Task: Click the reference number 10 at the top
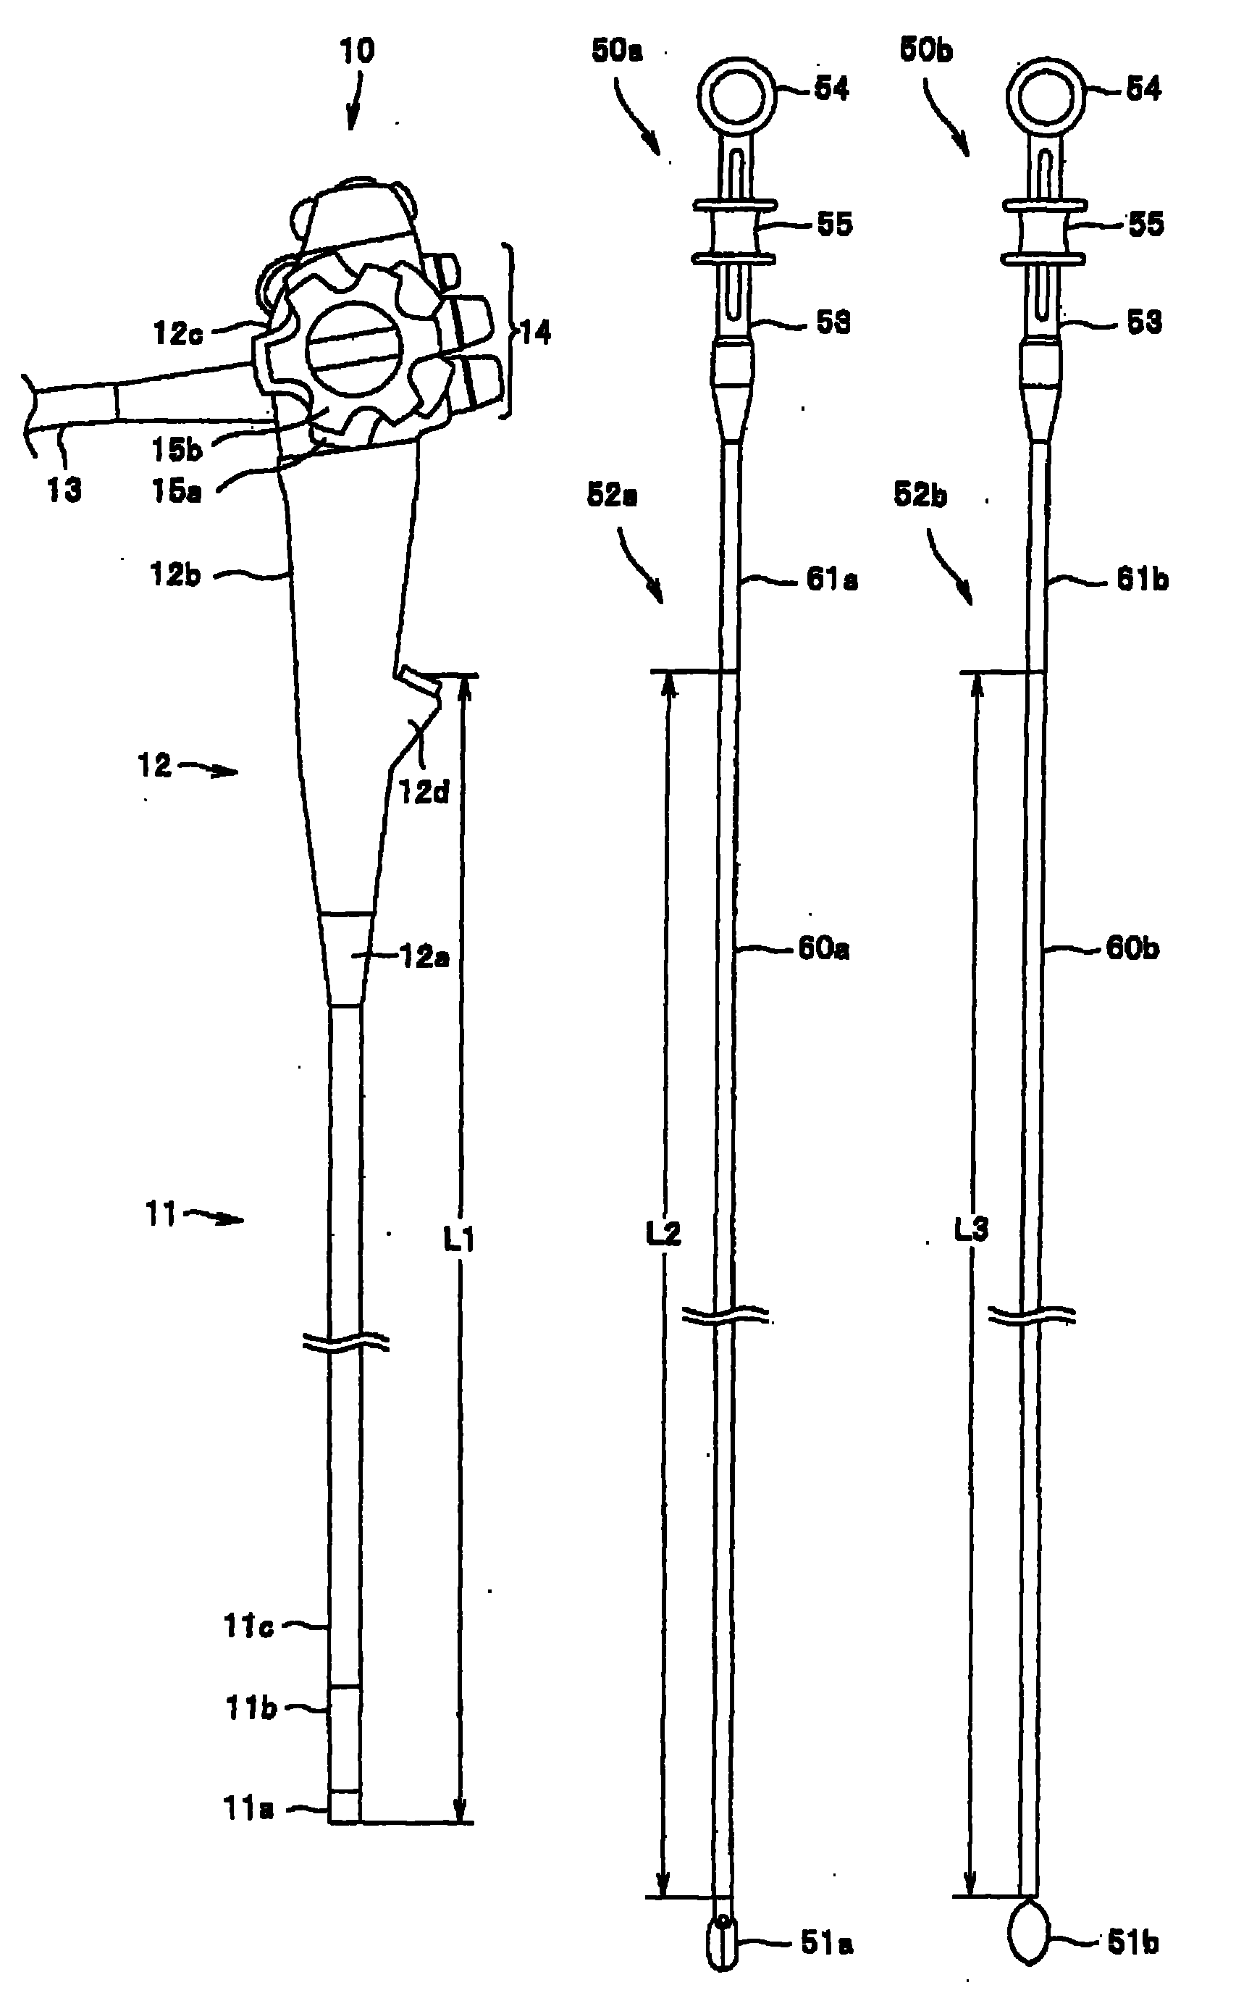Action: pos(357,51)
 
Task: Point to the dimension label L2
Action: pos(663,1233)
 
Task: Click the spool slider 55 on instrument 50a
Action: pos(735,231)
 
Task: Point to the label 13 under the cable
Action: pos(64,490)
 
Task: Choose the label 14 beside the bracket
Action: pos(537,333)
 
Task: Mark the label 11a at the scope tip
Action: pos(247,1808)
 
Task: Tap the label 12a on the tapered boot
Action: pos(424,957)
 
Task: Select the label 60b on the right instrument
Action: pos(1132,948)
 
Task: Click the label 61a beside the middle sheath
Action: pos(831,579)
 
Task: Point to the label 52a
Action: pos(612,495)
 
